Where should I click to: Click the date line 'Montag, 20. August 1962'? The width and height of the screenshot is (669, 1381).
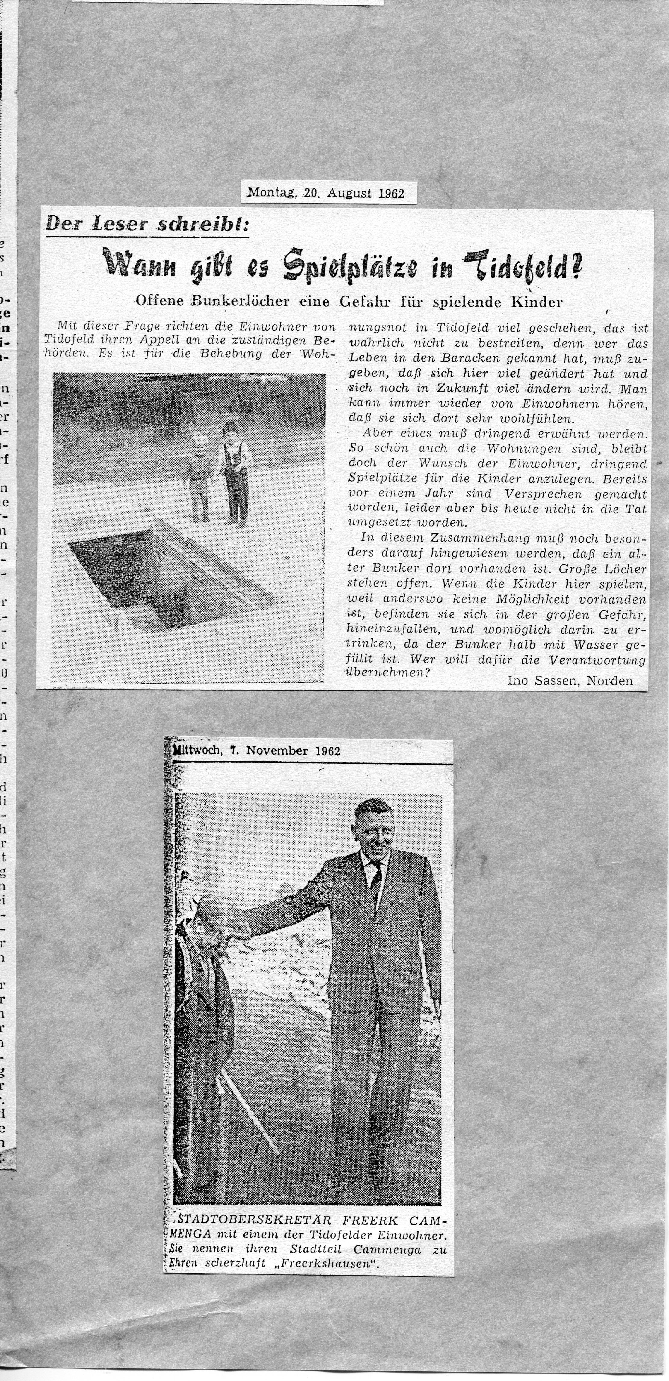[325, 193]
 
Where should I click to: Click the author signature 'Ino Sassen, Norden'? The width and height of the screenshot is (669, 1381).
[569, 681]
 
